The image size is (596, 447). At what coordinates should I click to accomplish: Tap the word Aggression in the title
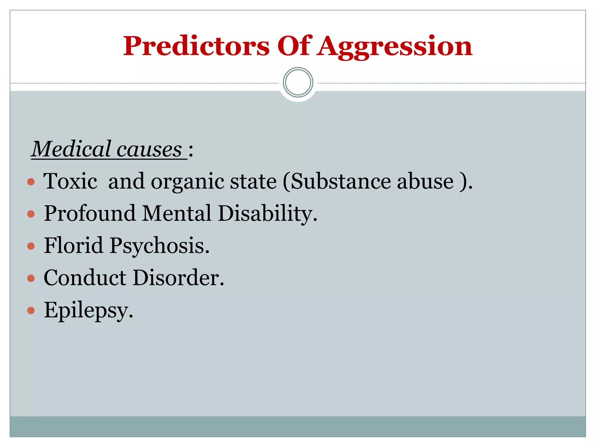coord(395,47)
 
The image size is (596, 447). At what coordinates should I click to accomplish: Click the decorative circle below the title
coord(298,82)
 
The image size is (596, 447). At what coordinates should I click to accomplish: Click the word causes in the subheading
coord(149,150)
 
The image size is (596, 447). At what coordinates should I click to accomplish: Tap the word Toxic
coord(70,181)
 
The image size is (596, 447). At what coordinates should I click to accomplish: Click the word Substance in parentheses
coord(341,181)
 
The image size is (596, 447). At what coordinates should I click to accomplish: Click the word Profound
coord(90,213)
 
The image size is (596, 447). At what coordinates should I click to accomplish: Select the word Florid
coord(74,245)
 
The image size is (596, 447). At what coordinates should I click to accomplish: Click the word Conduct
coord(85,278)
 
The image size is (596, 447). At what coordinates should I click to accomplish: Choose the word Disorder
coord(178,278)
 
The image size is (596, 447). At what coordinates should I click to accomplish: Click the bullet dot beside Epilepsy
coord(31,311)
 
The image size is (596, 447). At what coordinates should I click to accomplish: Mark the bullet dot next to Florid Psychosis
coord(31,246)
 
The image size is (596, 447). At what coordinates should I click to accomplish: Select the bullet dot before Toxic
coord(31,182)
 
